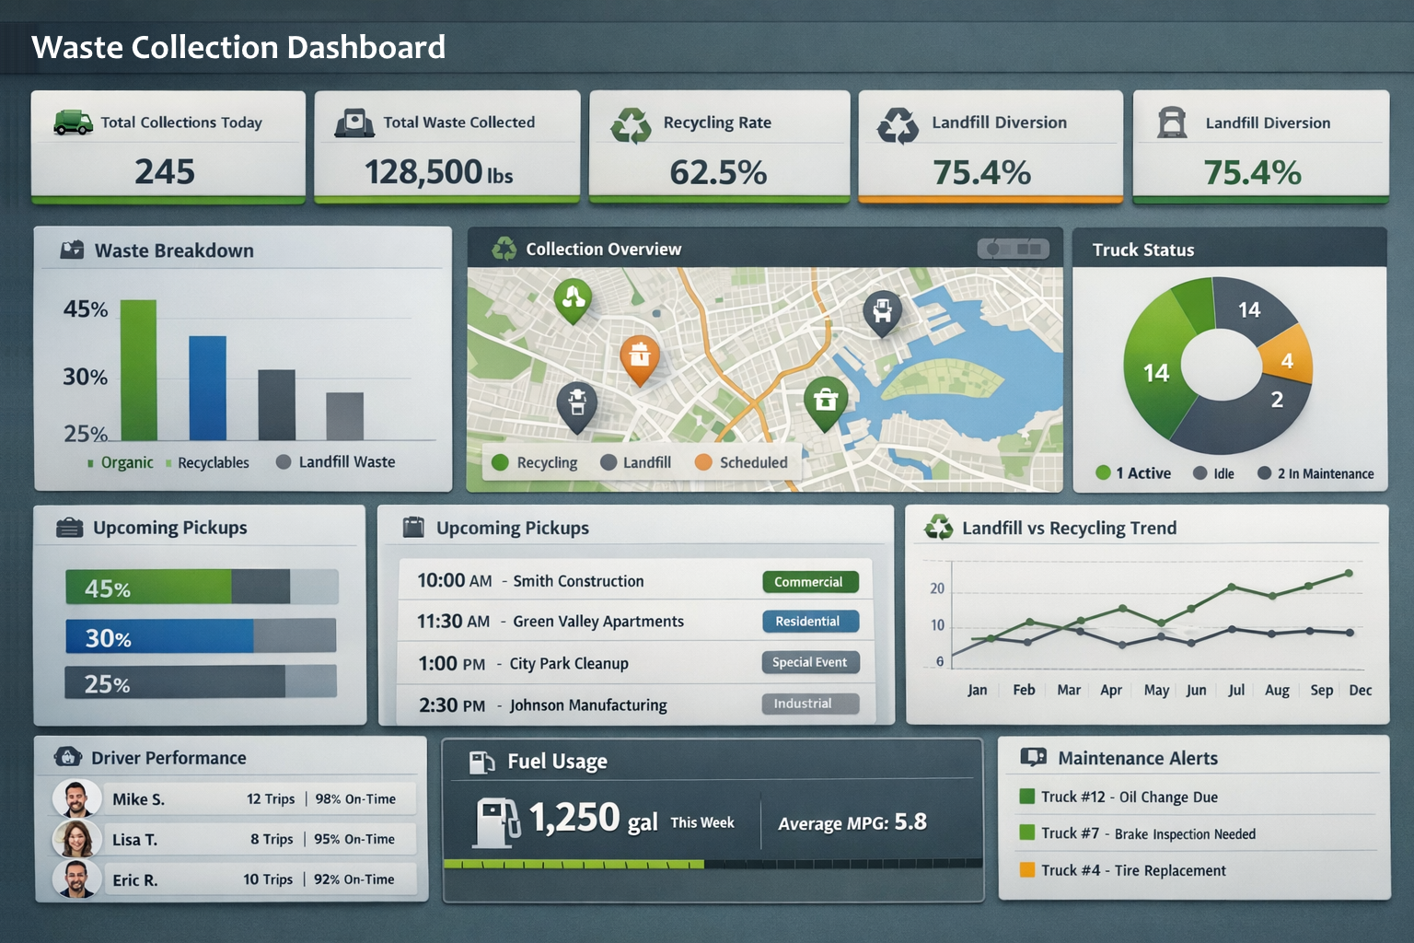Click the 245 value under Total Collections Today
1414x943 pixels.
tap(165, 171)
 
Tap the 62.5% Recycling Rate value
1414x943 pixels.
tap(718, 172)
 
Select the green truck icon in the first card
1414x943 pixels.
tap(73, 122)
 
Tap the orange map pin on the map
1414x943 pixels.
tap(640, 358)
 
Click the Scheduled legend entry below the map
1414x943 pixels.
tap(742, 462)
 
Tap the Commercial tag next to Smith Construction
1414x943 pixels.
tap(809, 582)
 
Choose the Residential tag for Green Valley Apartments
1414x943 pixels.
tap(809, 622)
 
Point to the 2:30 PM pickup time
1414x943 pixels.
tap(451, 705)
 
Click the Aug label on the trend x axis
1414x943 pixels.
tap(1277, 690)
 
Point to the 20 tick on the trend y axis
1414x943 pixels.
tap(937, 588)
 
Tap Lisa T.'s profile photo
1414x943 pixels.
tap(76, 839)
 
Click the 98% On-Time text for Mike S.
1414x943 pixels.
tap(355, 799)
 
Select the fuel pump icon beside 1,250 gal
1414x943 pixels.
tap(496, 821)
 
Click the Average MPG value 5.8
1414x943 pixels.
tap(910, 821)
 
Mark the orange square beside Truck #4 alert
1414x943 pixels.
tap(1027, 869)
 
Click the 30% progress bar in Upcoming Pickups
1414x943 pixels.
tap(200, 636)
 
